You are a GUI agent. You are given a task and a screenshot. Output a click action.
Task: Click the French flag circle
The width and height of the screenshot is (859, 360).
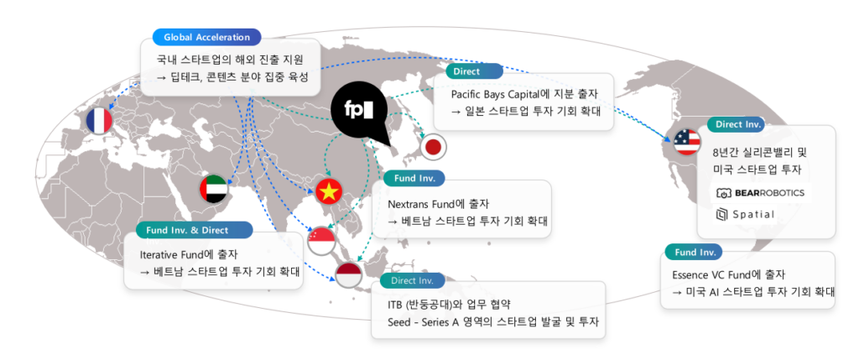pyautogui.click(x=99, y=122)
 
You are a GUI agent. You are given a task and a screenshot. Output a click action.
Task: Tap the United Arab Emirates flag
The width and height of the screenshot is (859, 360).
pyautogui.click(x=213, y=190)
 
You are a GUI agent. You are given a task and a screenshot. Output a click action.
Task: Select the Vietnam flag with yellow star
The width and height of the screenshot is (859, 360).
pyautogui.click(x=330, y=193)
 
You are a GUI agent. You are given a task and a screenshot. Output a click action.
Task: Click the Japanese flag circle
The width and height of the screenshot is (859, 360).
pyautogui.click(x=433, y=147)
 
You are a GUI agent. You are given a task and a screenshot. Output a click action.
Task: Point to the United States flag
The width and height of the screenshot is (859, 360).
pyautogui.click(x=686, y=142)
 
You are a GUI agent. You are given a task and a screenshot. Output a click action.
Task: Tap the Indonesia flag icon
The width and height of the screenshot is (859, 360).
pyautogui.click(x=349, y=275)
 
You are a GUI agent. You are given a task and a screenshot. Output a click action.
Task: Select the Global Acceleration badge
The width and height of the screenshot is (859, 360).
pyautogui.click(x=206, y=38)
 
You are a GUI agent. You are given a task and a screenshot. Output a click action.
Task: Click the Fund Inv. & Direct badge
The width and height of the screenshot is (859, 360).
pyautogui.click(x=194, y=230)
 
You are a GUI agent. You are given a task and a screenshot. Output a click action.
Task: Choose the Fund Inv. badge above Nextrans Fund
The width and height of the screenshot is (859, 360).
pyautogui.click(x=414, y=178)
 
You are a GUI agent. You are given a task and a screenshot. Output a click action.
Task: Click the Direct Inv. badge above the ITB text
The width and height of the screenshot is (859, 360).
pyautogui.click(x=413, y=281)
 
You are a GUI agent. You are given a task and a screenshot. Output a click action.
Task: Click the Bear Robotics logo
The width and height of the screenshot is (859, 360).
pyautogui.click(x=760, y=193)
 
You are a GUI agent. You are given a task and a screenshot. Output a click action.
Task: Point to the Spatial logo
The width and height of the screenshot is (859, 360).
pyautogui.click(x=747, y=215)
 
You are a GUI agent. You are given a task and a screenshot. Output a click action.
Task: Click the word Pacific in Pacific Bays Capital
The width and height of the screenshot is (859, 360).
pyautogui.click(x=467, y=95)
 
